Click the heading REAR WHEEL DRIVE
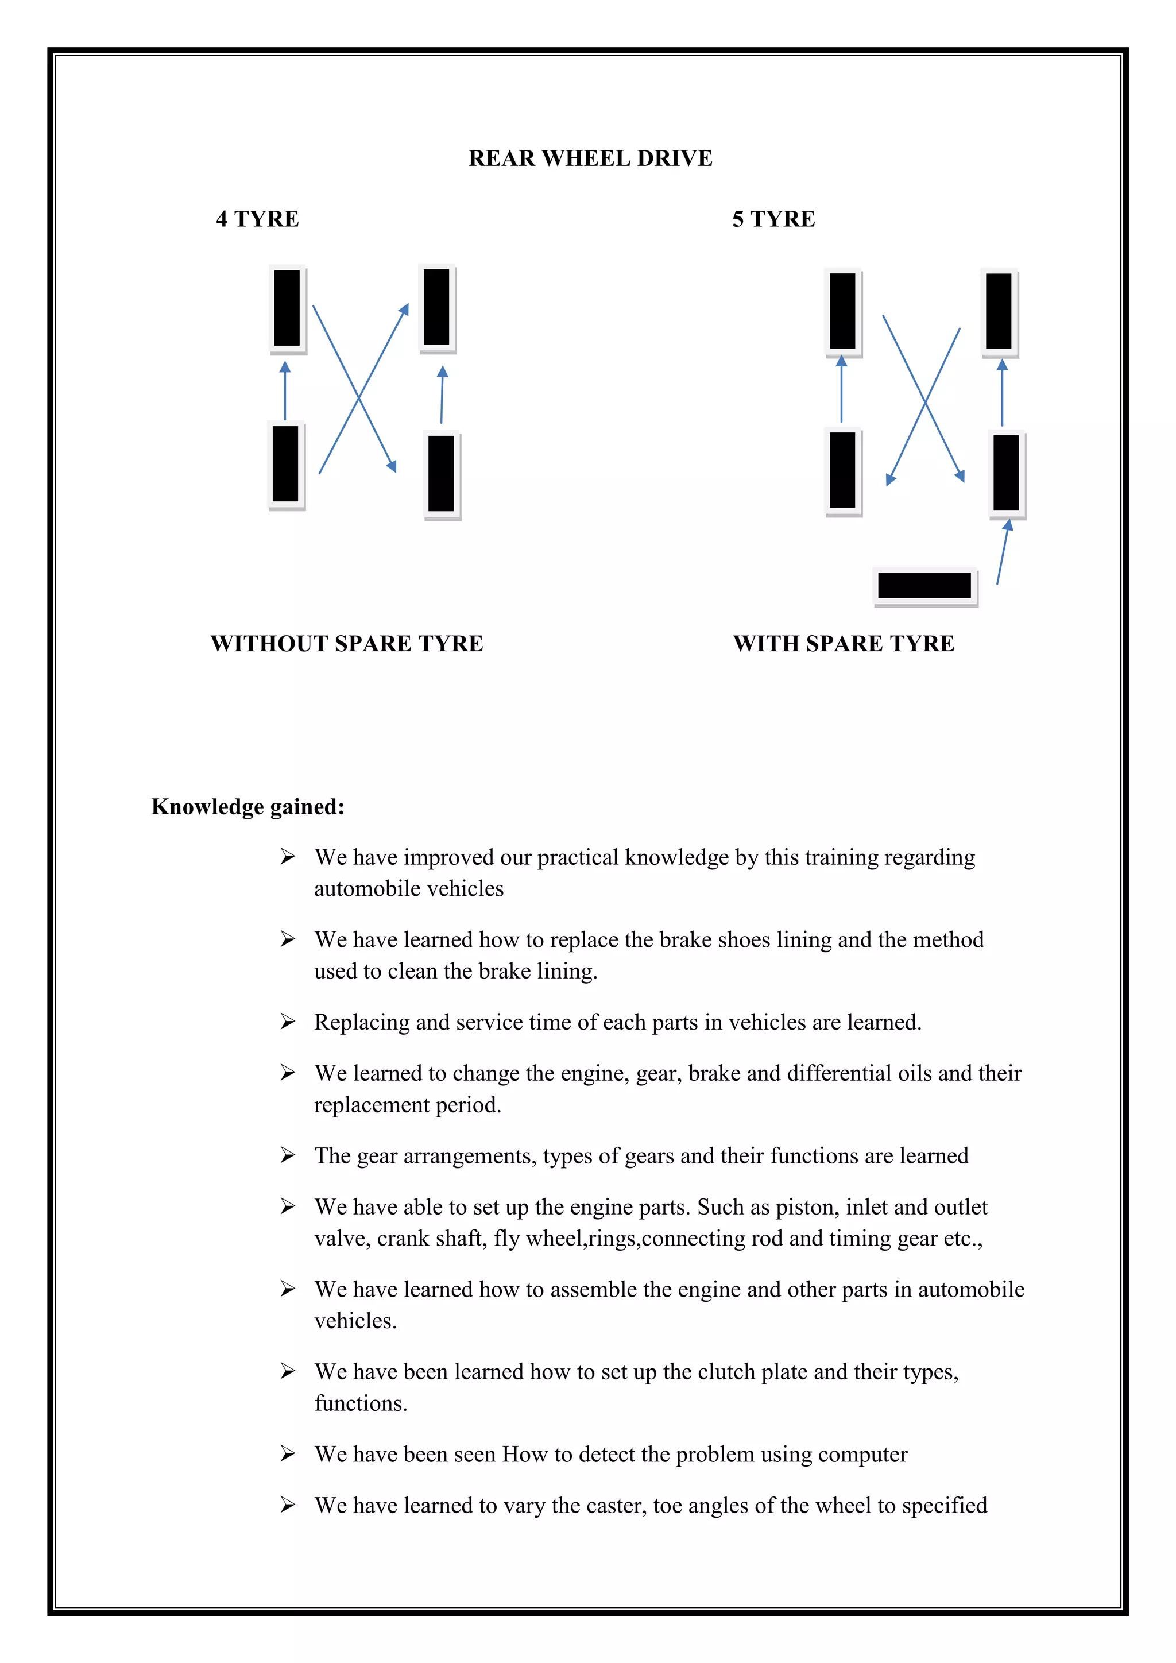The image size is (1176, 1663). pyautogui.click(x=590, y=158)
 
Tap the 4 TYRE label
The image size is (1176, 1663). pyautogui.click(x=257, y=219)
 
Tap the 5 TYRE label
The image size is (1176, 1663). pyautogui.click(x=773, y=219)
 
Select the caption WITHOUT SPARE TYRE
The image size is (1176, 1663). pyautogui.click(x=346, y=643)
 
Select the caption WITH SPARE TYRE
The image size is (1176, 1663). pyautogui.click(x=844, y=643)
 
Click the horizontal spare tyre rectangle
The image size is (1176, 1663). pyautogui.click(x=924, y=585)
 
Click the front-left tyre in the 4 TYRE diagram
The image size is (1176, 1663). pyautogui.click(x=287, y=308)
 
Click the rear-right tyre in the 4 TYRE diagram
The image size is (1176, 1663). pyautogui.click(x=441, y=474)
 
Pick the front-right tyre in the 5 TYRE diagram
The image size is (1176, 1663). pyautogui.click(x=999, y=311)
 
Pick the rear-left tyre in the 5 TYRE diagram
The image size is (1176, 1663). pyautogui.click(x=842, y=471)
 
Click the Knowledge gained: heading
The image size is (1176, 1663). pyautogui.click(x=247, y=806)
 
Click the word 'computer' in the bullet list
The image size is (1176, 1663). pyautogui.click(x=863, y=1455)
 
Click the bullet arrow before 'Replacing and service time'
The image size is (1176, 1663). pyautogui.click(x=288, y=1022)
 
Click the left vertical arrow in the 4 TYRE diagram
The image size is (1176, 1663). pyautogui.click(x=285, y=391)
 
